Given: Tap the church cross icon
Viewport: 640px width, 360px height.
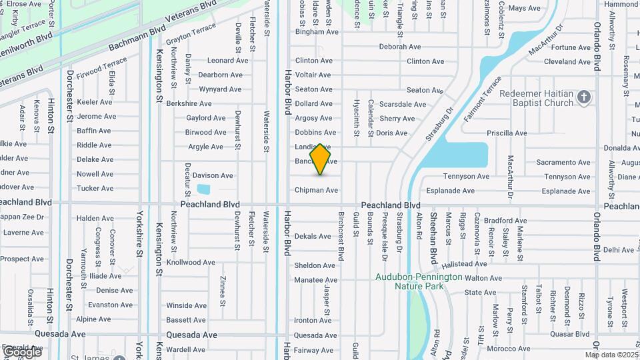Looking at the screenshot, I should click(584, 98).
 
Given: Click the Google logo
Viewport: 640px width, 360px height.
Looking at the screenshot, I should click(22, 351).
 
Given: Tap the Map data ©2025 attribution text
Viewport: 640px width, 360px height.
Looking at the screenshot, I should click(612, 355).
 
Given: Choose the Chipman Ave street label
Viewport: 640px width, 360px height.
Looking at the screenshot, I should click(316, 190).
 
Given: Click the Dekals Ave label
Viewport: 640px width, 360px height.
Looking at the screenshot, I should click(313, 236).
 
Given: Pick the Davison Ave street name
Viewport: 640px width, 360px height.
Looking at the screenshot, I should click(213, 175).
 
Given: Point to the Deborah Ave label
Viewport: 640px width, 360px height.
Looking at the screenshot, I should click(400, 47).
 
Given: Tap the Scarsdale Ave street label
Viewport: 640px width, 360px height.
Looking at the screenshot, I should click(402, 104).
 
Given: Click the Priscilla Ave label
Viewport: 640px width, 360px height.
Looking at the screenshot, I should click(507, 133).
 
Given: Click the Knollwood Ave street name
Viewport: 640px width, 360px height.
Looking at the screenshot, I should click(191, 263).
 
